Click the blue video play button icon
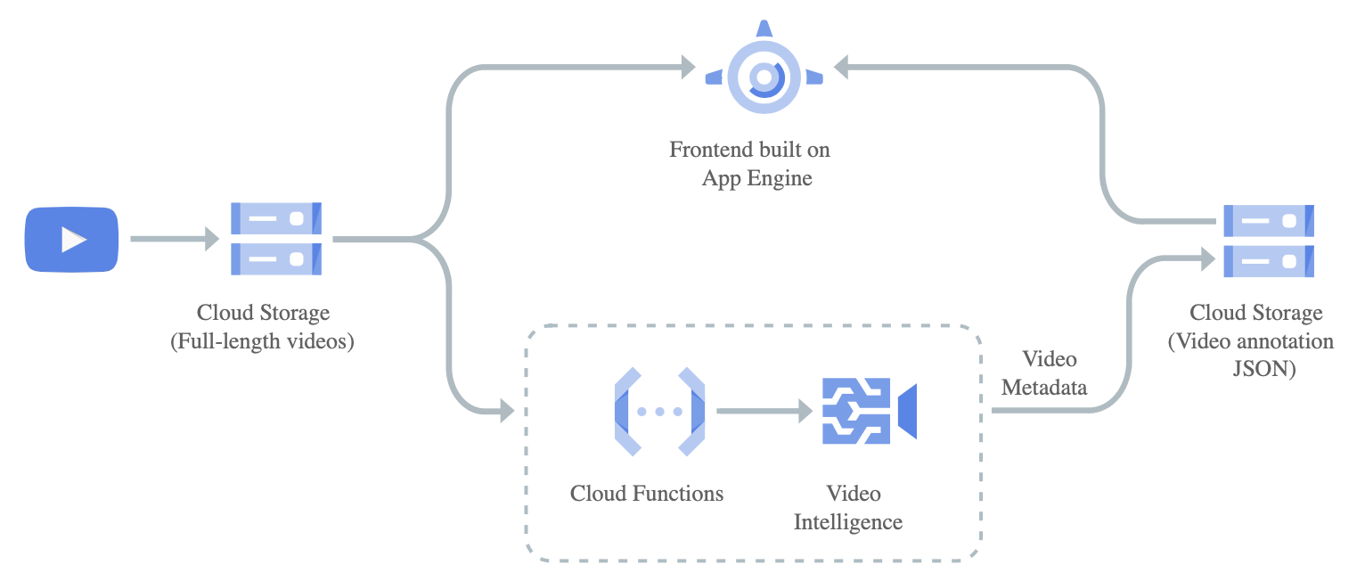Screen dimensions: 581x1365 click(71, 239)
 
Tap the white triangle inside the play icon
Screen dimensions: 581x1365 click(73, 239)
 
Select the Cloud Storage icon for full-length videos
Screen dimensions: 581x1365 click(276, 239)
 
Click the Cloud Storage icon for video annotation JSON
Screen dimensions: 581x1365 click(1268, 240)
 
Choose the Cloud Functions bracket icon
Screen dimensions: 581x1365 click(659, 411)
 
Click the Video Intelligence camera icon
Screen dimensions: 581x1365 click(869, 411)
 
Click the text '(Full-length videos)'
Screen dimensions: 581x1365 click(262, 341)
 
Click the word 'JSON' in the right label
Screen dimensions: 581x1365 click(1263, 369)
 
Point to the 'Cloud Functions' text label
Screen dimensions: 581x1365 click(647, 493)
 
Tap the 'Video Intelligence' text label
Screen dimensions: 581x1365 click(848, 507)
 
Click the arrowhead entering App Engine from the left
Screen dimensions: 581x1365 click(687, 66)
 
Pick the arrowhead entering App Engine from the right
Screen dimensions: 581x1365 click(842, 66)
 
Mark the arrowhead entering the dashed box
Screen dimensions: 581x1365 click(507, 411)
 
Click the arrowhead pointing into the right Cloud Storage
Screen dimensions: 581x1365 click(1208, 258)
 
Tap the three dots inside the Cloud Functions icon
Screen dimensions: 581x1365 click(659, 412)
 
